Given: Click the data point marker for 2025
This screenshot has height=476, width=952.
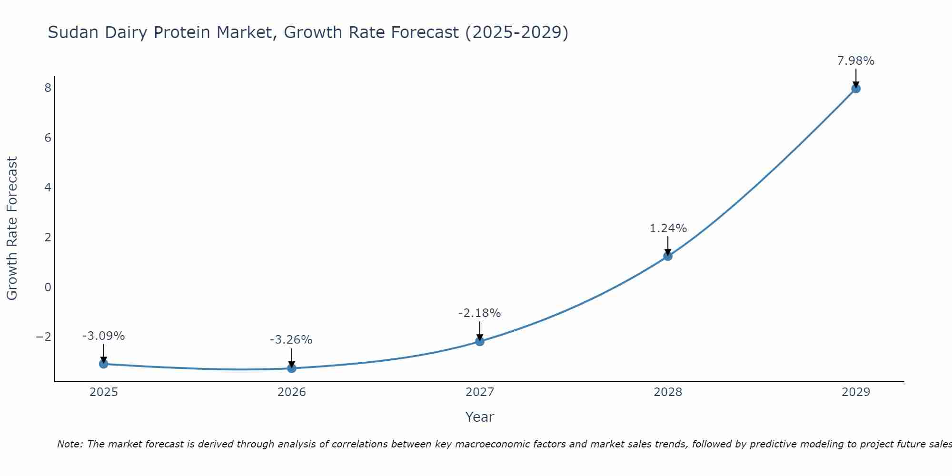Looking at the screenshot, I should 104,364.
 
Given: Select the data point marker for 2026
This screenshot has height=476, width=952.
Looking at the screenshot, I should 292,368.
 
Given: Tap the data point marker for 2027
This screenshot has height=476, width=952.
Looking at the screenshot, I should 480,341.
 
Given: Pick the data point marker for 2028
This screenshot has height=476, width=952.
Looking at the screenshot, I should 668,256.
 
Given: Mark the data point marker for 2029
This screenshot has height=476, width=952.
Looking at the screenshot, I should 856,89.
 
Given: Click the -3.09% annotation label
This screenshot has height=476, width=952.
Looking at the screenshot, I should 103,336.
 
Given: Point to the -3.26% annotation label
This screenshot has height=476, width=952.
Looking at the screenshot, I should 291,340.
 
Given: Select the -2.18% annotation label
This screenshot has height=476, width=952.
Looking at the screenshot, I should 479,313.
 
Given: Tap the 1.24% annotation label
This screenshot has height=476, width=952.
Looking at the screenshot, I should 668,228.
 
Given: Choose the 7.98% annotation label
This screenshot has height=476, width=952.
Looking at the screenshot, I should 855,61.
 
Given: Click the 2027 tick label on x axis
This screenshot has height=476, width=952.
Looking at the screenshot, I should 480,392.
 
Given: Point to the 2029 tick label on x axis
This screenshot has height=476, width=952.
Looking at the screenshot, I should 856,392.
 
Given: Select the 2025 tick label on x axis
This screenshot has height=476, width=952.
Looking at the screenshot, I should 104,392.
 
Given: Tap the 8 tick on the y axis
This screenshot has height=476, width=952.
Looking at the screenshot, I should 48,88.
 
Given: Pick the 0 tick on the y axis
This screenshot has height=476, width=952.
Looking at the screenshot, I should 48,287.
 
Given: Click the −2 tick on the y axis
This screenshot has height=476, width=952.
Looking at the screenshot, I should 44,337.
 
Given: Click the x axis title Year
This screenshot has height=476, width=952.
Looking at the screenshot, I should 479,417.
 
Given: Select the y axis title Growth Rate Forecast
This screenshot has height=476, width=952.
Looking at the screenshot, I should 12,228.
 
